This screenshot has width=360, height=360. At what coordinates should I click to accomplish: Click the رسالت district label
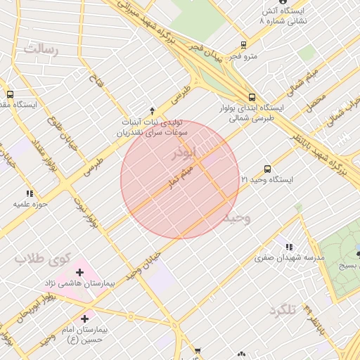pos(41,49)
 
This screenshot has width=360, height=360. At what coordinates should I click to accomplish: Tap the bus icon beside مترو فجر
pos(243,44)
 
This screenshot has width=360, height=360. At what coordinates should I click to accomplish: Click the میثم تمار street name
pos(176,176)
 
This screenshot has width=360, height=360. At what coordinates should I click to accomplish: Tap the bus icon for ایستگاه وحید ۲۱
pos(267,169)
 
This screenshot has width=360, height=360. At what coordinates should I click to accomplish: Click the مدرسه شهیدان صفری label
pos(290,257)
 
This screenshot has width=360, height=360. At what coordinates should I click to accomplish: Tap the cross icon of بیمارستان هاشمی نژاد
pos(79,271)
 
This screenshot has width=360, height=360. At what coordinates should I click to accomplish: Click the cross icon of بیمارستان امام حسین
pos(84,319)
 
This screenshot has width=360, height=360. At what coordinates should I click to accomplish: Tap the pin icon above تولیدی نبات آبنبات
pos(153,110)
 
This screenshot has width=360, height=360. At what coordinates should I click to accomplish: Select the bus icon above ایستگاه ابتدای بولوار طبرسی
pos(252,97)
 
